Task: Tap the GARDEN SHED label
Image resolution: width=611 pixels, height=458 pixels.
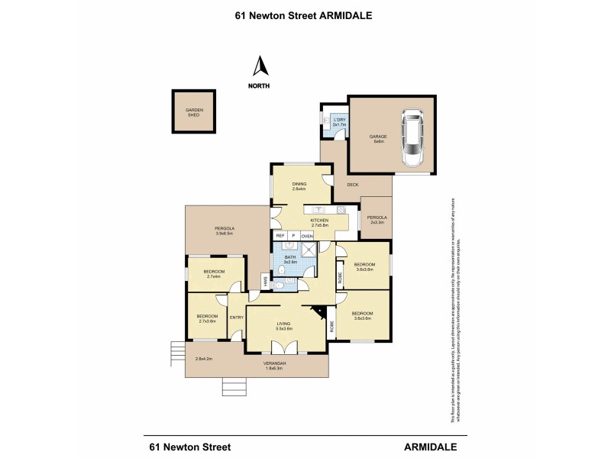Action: [x=195, y=113]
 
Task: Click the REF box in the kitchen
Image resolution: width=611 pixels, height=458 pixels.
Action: [x=280, y=237]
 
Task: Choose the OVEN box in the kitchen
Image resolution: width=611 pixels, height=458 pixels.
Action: [x=307, y=237]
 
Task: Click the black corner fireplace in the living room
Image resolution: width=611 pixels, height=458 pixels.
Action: [x=319, y=314]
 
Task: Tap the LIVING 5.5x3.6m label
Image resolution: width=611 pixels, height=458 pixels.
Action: [x=283, y=327]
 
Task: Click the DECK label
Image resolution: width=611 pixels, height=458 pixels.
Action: [x=352, y=185]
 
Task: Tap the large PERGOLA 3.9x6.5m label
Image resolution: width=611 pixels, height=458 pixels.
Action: [x=224, y=231]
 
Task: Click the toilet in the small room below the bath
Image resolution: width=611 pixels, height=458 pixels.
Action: [x=281, y=285]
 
